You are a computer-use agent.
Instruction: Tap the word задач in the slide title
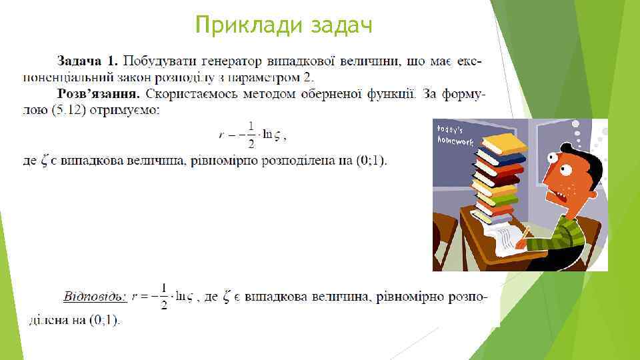click(341, 25)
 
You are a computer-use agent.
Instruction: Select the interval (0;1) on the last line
click(105, 321)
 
